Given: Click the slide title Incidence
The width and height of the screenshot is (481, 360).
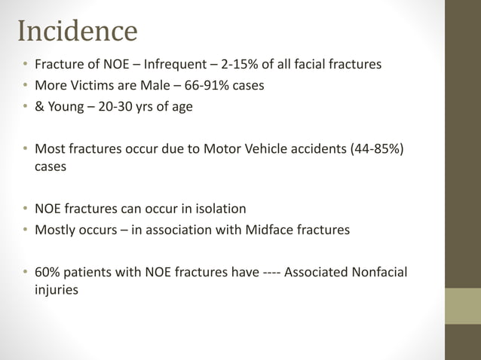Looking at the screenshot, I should pyautogui.click(x=77, y=31).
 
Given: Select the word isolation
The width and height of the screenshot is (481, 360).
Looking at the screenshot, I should pyautogui.click(x=219, y=209).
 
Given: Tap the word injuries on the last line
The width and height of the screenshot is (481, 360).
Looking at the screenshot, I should pyautogui.click(x=57, y=288).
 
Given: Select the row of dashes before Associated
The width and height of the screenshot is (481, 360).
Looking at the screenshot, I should pyautogui.click(x=273, y=272).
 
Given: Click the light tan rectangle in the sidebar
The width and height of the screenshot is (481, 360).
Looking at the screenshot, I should pyautogui.click(x=462, y=306).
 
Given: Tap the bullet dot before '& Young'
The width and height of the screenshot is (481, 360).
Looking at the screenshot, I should pyautogui.click(x=25, y=107).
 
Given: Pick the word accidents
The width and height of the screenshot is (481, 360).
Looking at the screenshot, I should pyautogui.click(x=312, y=148).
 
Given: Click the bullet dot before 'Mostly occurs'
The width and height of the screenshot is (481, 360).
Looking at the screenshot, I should pyautogui.click(x=25, y=230).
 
